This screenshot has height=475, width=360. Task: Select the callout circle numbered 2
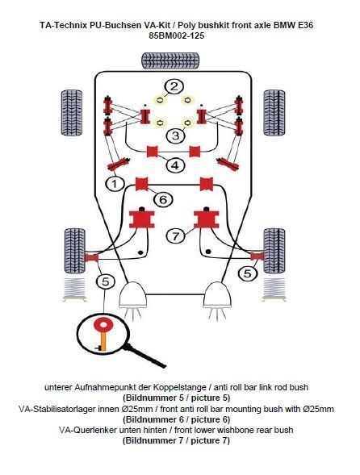pyautogui.click(x=174, y=87)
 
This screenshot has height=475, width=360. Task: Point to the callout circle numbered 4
pyautogui.click(x=174, y=165)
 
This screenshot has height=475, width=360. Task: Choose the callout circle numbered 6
pyautogui.click(x=161, y=198)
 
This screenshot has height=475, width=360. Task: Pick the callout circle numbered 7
pyautogui.click(x=174, y=235)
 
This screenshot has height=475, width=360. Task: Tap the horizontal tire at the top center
pyautogui.click(x=173, y=60)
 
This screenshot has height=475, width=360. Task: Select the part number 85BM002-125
pyautogui.click(x=174, y=36)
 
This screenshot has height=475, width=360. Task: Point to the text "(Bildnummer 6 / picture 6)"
pyautogui.click(x=176, y=419)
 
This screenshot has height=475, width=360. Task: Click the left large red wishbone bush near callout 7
pyautogui.click(x=143, y=218)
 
